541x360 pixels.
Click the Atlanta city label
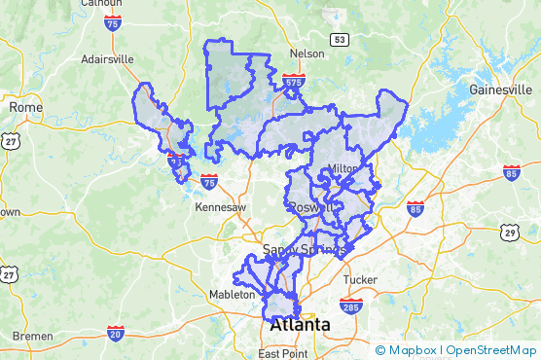tap(301, 324)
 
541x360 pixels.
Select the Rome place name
tap(22, 106)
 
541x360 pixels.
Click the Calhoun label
tap(101, 3)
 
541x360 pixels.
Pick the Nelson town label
tap(306, 54)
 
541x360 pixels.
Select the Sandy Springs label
tap(305, 250)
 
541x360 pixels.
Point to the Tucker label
tap(361, 279)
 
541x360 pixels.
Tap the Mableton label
tap(233, 294)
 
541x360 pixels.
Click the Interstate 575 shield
tap(293, 84)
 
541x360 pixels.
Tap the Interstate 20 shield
tap(115, 334)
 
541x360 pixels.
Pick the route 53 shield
tap(339, 40)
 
